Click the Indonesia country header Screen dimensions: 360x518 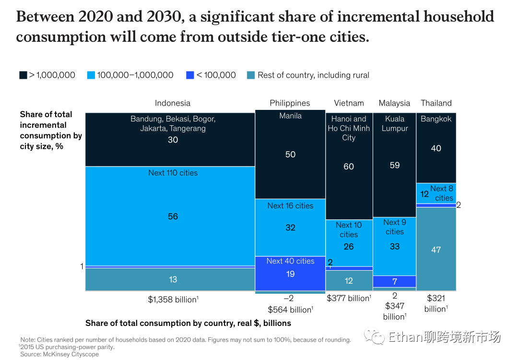pos(173,103)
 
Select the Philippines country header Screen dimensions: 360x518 pos(290,103)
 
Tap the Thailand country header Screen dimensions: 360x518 pos(436,103)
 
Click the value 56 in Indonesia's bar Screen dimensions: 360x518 pos(173,216)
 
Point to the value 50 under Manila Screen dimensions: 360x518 pos(290,155)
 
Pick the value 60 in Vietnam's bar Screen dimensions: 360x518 pos(349,167)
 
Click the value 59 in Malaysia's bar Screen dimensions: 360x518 pos(395,165)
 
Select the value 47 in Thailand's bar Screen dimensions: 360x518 pos(436,250)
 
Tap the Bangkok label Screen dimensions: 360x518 pos(436,119)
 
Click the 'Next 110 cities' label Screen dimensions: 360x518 pos(173,173)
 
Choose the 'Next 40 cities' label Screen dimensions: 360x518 pos(290,261)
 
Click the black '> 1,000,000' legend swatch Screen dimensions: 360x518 pos(23,75)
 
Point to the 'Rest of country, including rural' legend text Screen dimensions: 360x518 pos(313,75)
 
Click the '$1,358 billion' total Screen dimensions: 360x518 pos(173,300)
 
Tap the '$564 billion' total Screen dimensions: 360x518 pos(290,310)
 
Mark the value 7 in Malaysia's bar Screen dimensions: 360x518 pos(395,281)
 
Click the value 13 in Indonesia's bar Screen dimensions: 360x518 pos(173,279)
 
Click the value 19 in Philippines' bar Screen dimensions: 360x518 pos(290,274)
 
